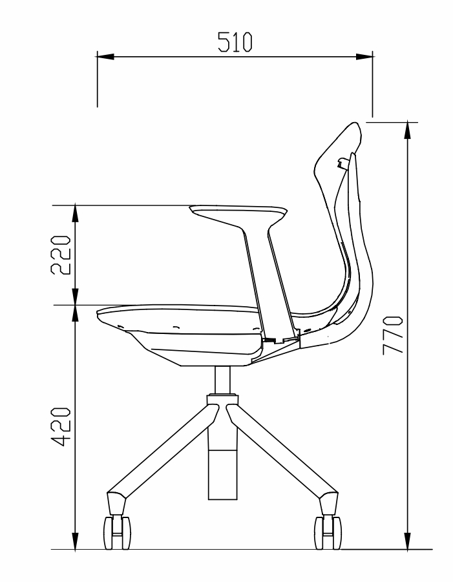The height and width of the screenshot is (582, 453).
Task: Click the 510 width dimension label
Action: pos(235,41)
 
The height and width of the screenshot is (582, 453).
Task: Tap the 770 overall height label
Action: pos(392,335)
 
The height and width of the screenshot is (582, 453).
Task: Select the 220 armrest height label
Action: pos(61,255)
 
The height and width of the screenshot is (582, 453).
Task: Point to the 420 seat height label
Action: pos(61,426)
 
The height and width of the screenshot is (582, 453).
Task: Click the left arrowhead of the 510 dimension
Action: pos(105,57)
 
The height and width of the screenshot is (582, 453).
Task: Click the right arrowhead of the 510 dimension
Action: pos(364,57)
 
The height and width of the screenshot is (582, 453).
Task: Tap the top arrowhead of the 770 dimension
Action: pos(408,130)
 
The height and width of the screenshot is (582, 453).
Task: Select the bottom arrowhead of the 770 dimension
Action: pos(408,541)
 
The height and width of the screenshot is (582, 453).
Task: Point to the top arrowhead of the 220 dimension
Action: pos(75,213)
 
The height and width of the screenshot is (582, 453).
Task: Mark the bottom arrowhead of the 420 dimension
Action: pos(75,541)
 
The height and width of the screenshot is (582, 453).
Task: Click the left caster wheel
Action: pos(117,533)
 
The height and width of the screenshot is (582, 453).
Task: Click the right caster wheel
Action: pos(328,533)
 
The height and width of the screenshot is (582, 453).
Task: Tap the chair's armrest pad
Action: pos(238,212)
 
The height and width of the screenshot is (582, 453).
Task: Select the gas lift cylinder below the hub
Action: pos(223,464)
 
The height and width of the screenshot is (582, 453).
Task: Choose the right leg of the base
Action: pos(282,453)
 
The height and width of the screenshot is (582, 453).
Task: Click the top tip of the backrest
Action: pos(355,123)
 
